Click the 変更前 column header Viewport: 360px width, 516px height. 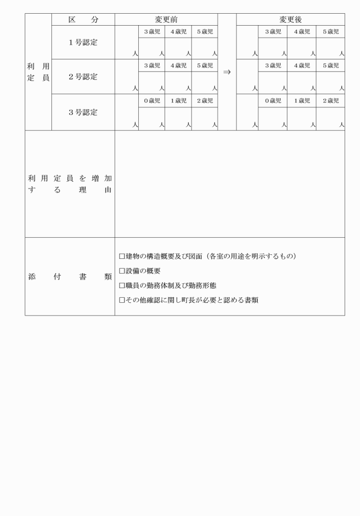[166, 19]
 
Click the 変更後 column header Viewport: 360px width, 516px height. [290, 19]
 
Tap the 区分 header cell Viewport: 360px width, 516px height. [83, 19]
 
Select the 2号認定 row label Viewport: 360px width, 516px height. [83, 77]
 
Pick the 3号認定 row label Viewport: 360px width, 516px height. [83, 112]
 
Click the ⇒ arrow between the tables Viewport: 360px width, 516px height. [227, 73]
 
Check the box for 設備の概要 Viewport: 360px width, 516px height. [122, 271]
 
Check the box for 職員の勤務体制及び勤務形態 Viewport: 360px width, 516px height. [122, 285]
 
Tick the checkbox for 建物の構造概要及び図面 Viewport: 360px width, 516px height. [122, 256]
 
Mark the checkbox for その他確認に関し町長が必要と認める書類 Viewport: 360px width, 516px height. [122, 299]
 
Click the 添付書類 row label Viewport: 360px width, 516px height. [70, 277]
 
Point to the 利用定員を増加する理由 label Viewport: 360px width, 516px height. [70, 184]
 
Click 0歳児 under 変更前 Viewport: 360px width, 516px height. [151, 101]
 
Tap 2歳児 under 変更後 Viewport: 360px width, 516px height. [330, 101]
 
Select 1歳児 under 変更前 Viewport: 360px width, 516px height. [178, 101]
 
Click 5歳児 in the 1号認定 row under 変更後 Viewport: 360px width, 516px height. [330, 31]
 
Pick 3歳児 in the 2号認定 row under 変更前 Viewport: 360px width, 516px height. [151, 66]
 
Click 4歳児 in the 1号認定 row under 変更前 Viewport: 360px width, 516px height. [178, 31]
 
